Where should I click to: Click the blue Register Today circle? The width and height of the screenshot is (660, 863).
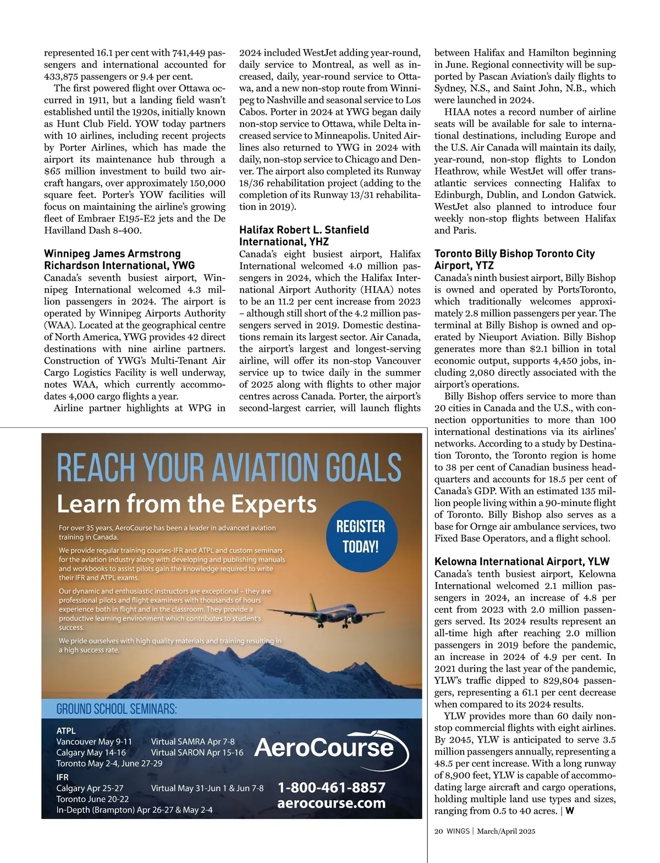pos(361,536)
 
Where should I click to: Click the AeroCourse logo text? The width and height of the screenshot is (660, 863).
pos(324,747)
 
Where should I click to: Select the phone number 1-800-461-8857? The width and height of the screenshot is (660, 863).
pos(332,788)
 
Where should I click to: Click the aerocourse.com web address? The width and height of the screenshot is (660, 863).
pos(332,803)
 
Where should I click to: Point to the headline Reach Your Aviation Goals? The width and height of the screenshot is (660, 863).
pos(229,468)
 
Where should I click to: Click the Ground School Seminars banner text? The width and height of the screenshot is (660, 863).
pos(117,709)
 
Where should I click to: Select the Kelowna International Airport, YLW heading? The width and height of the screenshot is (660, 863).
pos(522,562)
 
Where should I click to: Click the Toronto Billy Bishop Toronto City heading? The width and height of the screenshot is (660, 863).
pos(515,254)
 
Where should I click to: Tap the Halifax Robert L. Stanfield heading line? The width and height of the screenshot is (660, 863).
pos(304,230)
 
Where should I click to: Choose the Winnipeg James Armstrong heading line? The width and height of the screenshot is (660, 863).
pos(112,254)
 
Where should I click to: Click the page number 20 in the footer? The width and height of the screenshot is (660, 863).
pos(438,831)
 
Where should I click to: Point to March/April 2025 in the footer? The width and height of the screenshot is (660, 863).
pos(506,831)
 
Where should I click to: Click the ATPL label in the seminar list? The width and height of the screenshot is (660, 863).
pos(66,731)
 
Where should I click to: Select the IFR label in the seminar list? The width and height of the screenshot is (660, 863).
pos(63,777)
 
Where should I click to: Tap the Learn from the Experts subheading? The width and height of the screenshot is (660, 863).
pos(187,504)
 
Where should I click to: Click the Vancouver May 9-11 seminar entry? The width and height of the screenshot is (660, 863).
pos(94,741)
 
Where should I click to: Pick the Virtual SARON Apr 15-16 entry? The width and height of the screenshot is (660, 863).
pos(197,752)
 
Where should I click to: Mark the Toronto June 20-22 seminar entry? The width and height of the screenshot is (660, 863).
pos(92,799)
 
